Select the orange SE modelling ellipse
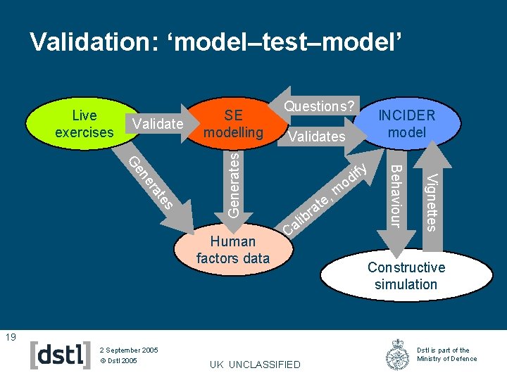click(x=233, y=124)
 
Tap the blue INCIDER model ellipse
click(x=407, y=124)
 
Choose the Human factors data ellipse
click(x=233, y=250)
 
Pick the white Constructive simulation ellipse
click(x=406, y=276)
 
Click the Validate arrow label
click(x=158, y=124)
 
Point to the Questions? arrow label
click(x=318, y=106)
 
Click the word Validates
click(x=317, y=137)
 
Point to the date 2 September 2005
click(x=129, y=350)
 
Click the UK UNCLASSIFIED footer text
click(x=255, y=365)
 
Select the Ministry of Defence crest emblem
click(x=398, y=355)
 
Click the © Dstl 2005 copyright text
click(x=119, y=361)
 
